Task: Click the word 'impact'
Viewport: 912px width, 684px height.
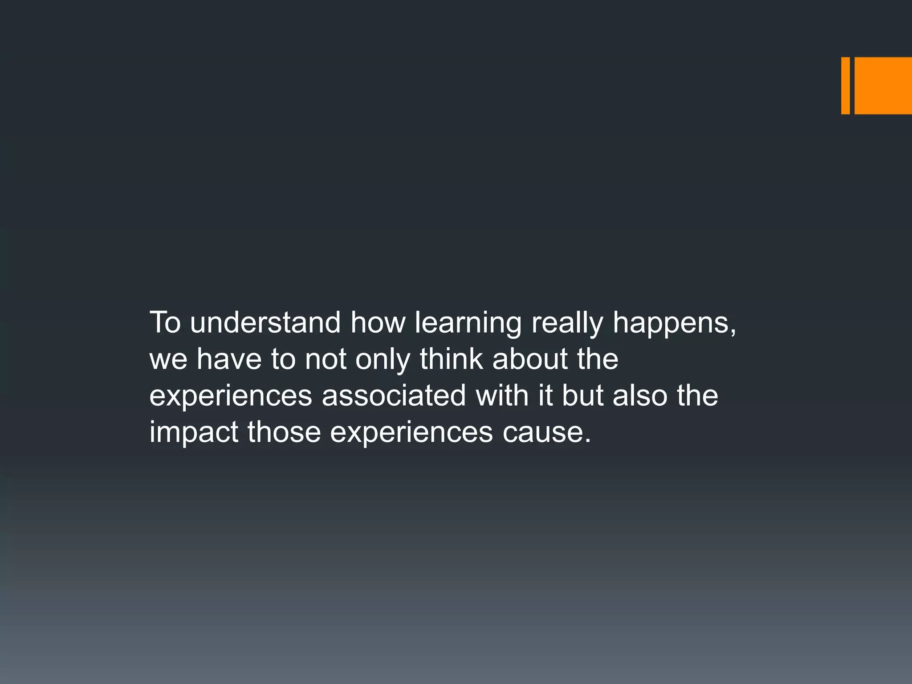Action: pyautogui.click(x=194, y=433)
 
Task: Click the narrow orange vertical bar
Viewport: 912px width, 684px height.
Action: pyautogui.click(x=845, y=85)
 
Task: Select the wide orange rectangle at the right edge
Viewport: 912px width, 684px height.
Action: pyautogui.click(x=883, y=85)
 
